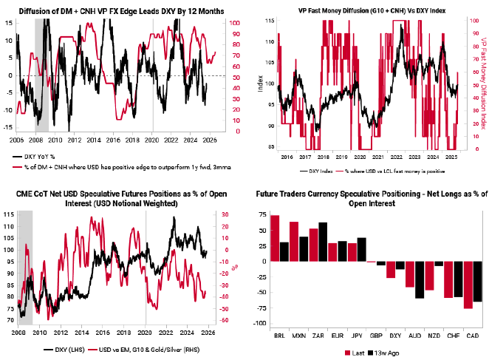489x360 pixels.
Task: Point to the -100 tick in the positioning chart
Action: (x=261, y=324)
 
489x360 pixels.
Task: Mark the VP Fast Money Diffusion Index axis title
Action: (x=483, y=81)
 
